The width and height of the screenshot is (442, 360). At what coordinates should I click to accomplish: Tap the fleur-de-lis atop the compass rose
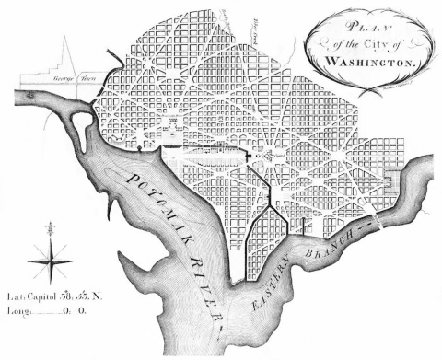[50, 227]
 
